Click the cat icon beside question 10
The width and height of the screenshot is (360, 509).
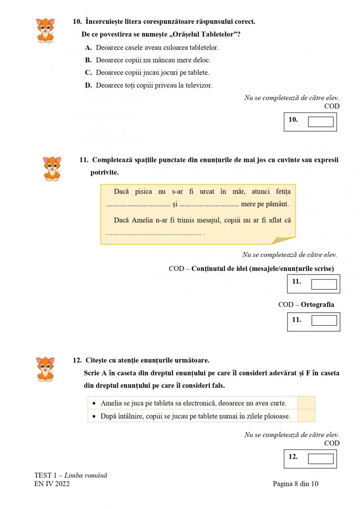click(x=45, y=30)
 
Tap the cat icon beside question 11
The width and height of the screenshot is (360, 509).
click(x=52, y=169)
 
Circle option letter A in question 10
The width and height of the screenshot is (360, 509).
click(x=88, y=47)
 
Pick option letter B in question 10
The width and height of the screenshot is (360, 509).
click(x=88, y=60)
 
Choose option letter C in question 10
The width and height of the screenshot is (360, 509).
click(x=88, y=72)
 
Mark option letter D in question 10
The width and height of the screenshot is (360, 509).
click(x=88, y=85)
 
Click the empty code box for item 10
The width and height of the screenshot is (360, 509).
click(x=320, y=122)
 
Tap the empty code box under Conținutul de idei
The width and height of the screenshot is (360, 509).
click(x=324, y=284)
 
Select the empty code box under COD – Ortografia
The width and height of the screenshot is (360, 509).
click(x=324, y=320)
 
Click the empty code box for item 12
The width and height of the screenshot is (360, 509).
click(x=320, y=459)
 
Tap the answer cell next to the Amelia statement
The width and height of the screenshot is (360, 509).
click(x=306, y=403)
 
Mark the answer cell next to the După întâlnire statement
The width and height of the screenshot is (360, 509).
click(x=306, y=416)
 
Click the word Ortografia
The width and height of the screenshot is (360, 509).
click(x=317, y=305)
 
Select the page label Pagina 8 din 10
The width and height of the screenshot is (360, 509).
click(x=295, y=484)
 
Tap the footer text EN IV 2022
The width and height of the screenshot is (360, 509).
click(x=52, y=484)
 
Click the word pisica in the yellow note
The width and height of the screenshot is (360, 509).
click(x=143, y=192)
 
